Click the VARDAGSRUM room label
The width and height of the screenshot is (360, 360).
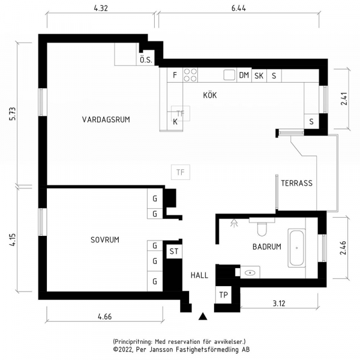click(106, 119)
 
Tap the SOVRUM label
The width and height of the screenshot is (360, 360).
click(105, 240)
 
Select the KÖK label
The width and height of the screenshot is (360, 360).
click(210, 95)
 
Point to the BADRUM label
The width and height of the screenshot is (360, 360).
click(267, 247)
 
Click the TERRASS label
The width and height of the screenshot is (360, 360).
click(296, 183)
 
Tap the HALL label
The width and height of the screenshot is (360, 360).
click(199, 275)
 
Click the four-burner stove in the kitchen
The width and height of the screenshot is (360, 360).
click(190, 75)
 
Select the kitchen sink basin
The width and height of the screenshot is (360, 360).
click(229, 75)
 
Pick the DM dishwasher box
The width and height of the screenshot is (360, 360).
click(244, 75)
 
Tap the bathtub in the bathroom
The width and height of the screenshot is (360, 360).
click(296, 248)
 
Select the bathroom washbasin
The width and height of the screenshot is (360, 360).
click(250, 272)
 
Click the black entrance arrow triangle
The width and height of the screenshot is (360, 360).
click(203, 316)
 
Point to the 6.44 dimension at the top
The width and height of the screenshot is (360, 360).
click(239, 8)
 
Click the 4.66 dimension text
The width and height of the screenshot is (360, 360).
click(104, 317)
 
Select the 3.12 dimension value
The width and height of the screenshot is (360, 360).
click(279, 304)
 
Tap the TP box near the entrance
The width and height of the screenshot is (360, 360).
click(223, 295)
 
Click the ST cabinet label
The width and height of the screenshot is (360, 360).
click(174, 251)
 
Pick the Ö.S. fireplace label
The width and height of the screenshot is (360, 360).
click(146, 60)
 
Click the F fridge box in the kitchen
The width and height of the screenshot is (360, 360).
click(175, 75)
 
